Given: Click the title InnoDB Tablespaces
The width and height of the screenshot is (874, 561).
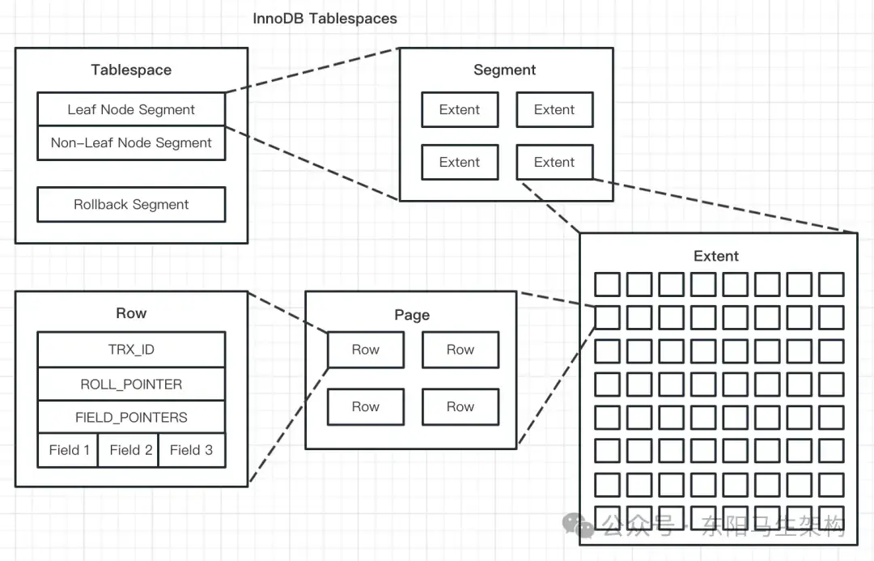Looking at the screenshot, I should pyautogui.click(x=325, y=18).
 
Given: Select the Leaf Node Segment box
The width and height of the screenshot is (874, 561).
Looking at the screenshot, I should pyautogui.click(x=131, y=109).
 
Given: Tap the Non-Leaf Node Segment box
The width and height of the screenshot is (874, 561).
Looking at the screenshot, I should pyautogui.click(x=131, y=143).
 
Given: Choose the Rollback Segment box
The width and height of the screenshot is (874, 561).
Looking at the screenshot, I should pyautogui.click(x=131, y=205).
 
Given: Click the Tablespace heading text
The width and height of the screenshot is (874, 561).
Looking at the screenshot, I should pyautogui.click(x=131, y=70).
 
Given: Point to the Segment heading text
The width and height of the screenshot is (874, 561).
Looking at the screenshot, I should pyautogui.click(x=504, y=70).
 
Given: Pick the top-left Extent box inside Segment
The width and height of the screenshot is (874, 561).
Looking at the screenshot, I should pyautogui.click(x=460, y=110).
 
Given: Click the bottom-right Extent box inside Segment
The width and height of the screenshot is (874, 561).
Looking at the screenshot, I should pyautogui.click(x=554, y=162).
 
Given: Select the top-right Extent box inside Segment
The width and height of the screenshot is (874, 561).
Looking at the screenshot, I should pyautogui.click(x=554, y=110).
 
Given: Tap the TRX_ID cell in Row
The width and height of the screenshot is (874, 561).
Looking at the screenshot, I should pyautogui.click(x=131, y=350).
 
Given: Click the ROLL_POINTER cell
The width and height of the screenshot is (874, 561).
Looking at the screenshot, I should pyautogui.click(x=131, y=385).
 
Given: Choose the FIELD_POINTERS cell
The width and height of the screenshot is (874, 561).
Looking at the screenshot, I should pyautogui.click(x=131, y=418).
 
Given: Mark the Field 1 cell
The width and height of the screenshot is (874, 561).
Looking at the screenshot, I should pyautogui.click(x=68, y=450).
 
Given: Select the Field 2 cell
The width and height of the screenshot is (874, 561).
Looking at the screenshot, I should pyautogui.click(x=131, y=450).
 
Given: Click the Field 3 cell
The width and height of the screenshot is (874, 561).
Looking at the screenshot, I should pyautogui.click(x=191, y=450).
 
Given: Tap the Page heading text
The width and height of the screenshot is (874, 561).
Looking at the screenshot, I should pyautogui.click(x=411, y=315).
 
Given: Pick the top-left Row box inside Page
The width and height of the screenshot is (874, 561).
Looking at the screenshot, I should pyautogui.click(x=365, y=350).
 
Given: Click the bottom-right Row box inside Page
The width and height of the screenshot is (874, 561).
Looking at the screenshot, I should pyautogui.click(x=460, y=407).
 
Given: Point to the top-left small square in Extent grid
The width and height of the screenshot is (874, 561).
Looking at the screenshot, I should pyautogui.click(x=607, y=284).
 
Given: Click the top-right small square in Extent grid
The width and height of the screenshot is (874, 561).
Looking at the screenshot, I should pyautogui.click(x=831, y=284).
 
